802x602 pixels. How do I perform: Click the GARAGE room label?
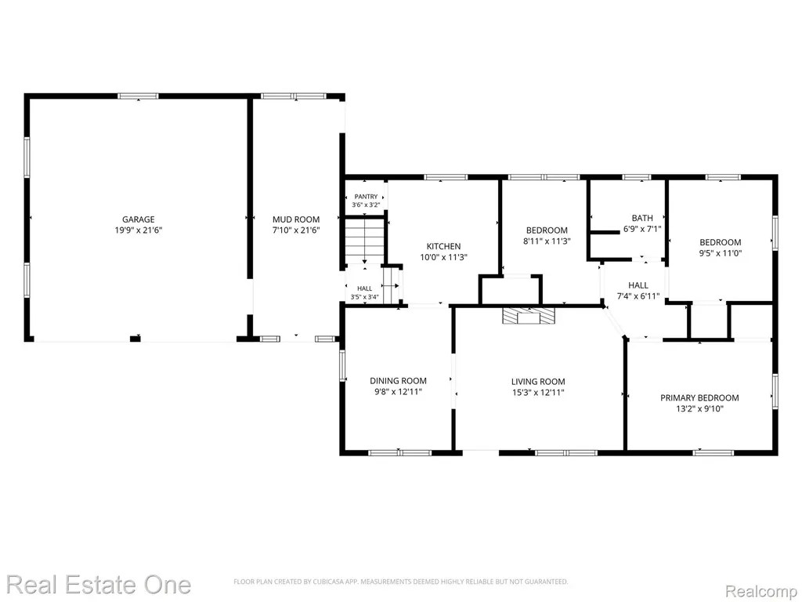click(x=138, y=219)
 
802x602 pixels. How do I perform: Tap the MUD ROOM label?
click(x=295, y=219)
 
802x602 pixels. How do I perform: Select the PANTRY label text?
click(x=366, y=197)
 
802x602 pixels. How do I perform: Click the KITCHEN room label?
click(x=443, y=246)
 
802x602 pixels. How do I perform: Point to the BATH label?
click(x=642, y=218)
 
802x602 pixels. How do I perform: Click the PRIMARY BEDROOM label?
click(x=699, y=397)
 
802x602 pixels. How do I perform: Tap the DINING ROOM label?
click(x=398, y=381)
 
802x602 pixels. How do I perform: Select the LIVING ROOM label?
click(x=538, y=382)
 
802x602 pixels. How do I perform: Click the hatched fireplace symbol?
click(x=528, y=316)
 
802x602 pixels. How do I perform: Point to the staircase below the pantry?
click(x=364, y=241)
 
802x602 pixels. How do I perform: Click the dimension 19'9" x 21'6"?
click(x=138, y=230)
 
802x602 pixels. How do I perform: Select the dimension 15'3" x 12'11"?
click(x=538, y=393)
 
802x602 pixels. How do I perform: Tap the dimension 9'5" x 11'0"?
click(x=721, y=253)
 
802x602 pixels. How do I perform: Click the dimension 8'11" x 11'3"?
click(x=546, y=241)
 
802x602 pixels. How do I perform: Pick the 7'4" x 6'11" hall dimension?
click(x=638, y=296)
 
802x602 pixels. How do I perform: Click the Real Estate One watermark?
click(x=99, y=585)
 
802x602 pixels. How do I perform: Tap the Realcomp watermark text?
click(x=760, y=591)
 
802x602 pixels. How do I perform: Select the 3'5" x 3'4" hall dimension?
click(x=364, y=297)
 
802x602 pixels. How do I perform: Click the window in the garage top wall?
click(x=138, y=96)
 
